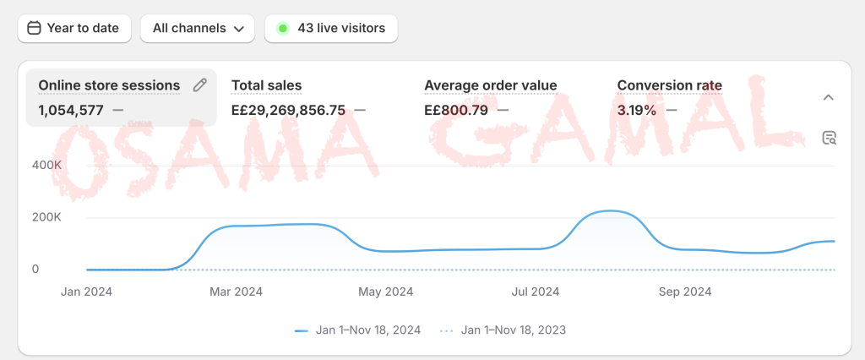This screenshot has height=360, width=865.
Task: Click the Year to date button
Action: [73, 28]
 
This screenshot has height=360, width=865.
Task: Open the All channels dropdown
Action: [198, 28]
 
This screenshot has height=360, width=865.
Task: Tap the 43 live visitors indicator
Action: [331, 28]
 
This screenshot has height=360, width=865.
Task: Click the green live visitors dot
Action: [282, 28]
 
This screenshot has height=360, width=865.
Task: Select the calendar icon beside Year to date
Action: [35, 28]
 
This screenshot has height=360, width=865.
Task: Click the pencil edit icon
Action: [199, 85]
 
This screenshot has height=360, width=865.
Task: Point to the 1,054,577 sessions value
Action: [73, 109]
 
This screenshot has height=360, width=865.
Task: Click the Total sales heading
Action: [266, 85]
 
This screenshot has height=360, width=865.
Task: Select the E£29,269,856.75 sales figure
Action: [288, 109]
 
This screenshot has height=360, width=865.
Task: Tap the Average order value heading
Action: [490, 85]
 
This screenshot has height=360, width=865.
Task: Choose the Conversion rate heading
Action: [669, 85]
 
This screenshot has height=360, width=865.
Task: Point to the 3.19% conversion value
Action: [637, 109]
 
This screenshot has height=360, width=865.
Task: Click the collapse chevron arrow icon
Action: [828, 97]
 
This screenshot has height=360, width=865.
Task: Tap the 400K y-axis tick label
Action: [47, 165]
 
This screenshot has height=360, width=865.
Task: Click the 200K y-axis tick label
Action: [47, 217]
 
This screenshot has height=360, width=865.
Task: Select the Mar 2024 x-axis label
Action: [236, 292]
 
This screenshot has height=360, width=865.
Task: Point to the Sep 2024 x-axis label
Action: [684, 292]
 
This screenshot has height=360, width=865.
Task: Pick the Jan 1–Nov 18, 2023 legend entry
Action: [505, 330]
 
